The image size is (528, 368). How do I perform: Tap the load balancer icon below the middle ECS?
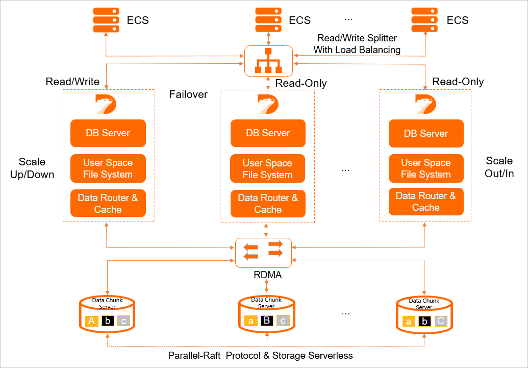tap(268, 61)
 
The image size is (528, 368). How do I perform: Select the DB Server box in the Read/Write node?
tap(108, 133)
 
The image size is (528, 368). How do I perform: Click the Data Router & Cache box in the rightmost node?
tap(426, 202)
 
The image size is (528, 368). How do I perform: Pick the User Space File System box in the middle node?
tap(268, 169)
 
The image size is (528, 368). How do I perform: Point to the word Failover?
tap(188, 94)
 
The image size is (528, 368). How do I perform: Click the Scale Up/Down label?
tap(32, 168)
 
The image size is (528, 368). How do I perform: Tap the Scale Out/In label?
tap(499, 167)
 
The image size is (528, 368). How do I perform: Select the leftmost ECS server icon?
tap(106, 20)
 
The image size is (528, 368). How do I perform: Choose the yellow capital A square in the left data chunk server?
tap(92, 321)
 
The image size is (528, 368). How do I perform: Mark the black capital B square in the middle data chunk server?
tap(267, 321)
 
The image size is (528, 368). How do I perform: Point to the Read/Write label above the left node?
tap(72, 82)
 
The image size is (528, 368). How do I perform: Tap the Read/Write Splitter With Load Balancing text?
tap(357, 44)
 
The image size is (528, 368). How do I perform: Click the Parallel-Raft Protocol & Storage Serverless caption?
tap(260, 355)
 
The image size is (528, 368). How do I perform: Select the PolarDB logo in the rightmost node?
tap(426, 104)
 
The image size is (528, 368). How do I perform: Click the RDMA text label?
tap(268, 275)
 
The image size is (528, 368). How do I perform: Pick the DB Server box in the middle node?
tap(268, 133)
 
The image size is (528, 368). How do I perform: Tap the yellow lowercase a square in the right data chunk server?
tap(408, 322)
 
